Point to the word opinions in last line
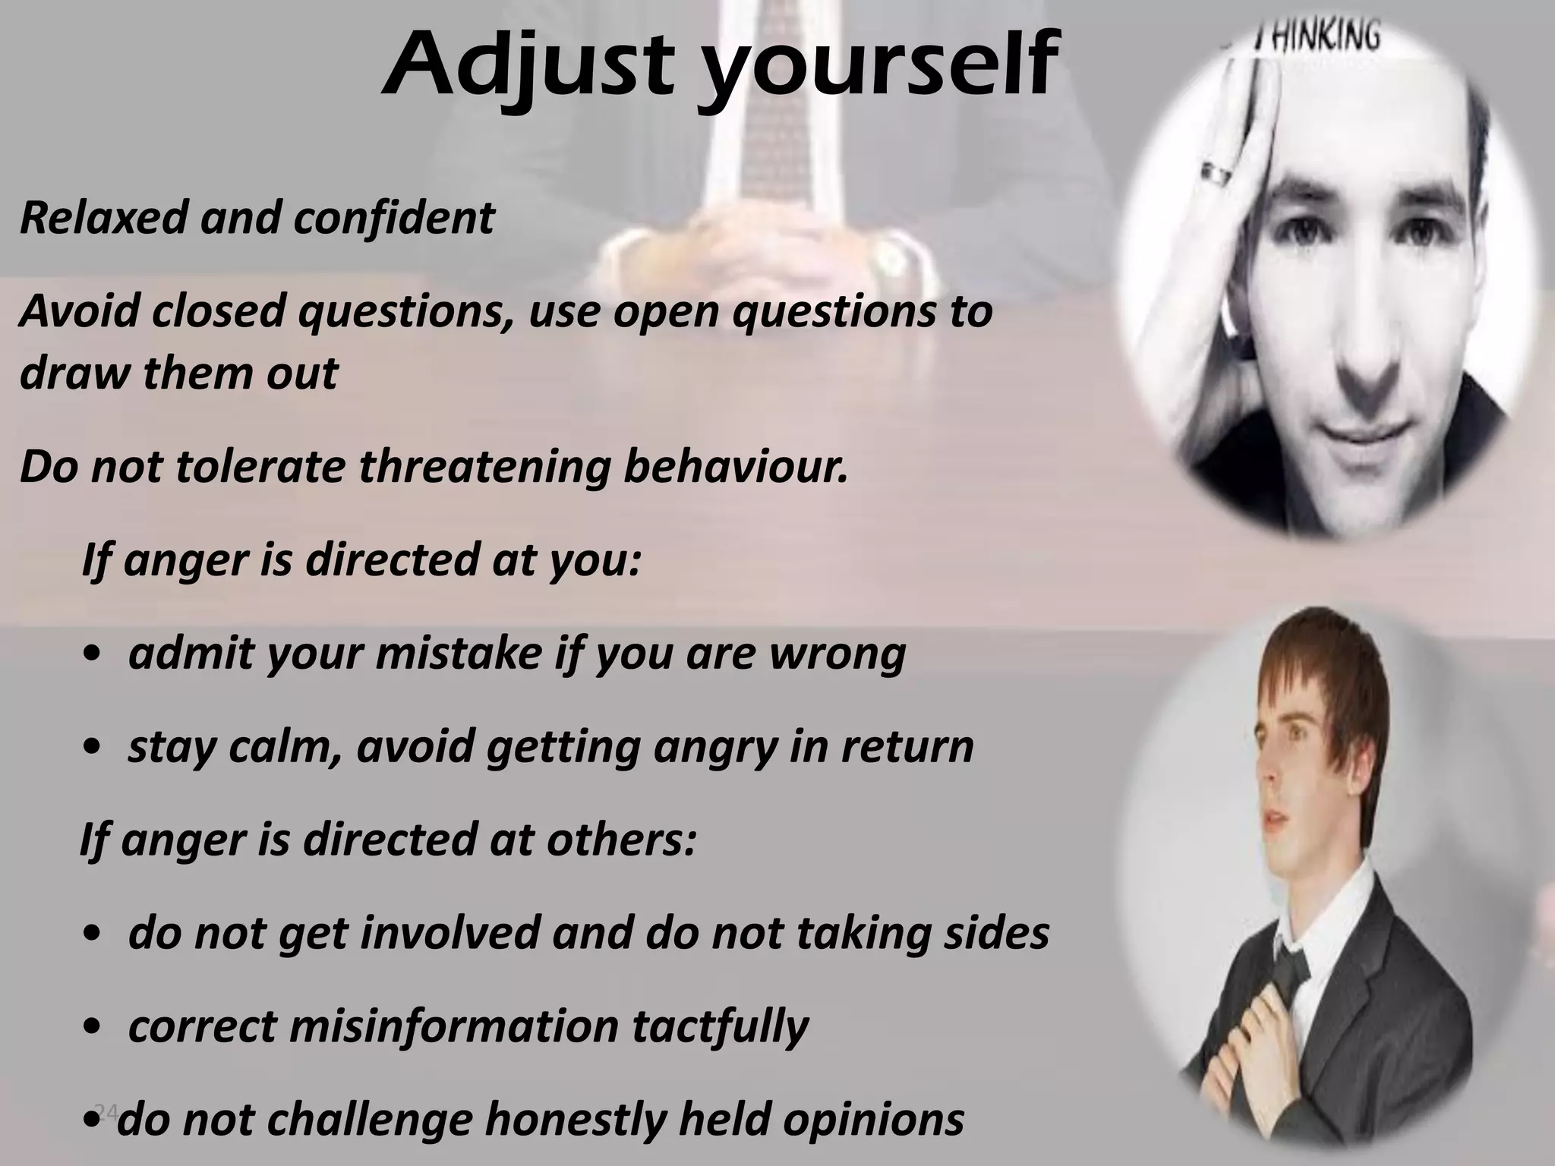tap(873, 1120)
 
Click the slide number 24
tap(106, 1113)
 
